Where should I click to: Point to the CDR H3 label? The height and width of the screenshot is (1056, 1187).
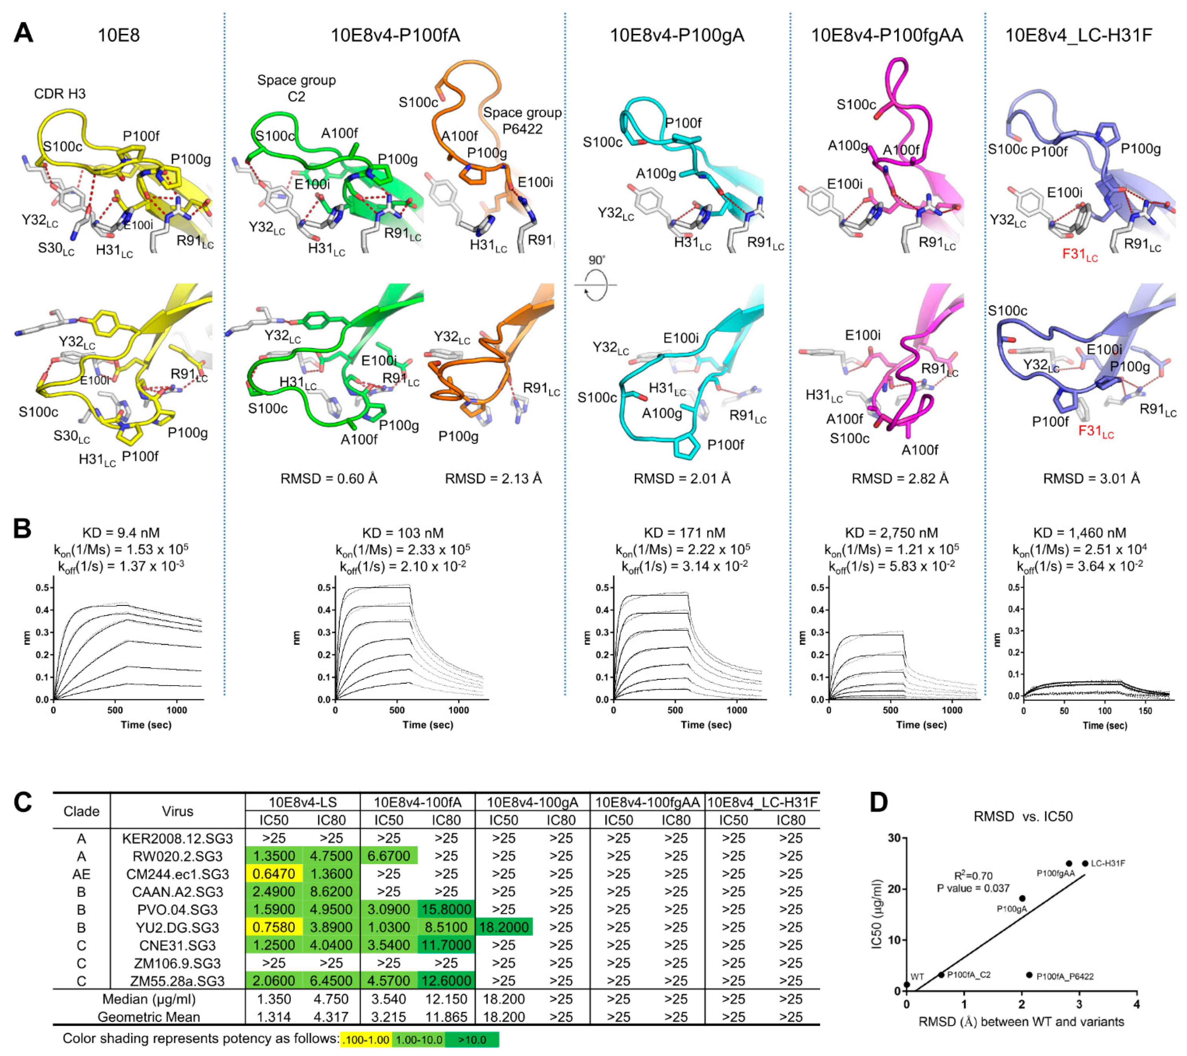60,94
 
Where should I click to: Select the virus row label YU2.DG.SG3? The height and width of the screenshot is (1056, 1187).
177,927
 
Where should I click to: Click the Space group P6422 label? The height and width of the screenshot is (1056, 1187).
522,120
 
